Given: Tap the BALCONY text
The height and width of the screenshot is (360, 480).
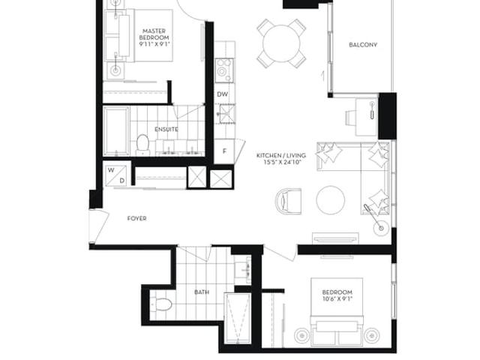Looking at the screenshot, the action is point(363,45).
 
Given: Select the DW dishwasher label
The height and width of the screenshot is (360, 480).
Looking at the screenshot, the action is point(223,94).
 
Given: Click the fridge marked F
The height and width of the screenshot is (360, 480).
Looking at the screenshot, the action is point(224,151).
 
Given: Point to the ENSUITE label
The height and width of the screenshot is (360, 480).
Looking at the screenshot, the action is point(166,130).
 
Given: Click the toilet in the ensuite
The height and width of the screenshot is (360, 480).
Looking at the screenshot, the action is point(142,145).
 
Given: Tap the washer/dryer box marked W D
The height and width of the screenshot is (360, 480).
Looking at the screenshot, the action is point(116,175).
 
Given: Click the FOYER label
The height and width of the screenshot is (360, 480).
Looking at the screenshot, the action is point(136,218).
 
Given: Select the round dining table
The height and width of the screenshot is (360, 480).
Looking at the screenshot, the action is point(281,43).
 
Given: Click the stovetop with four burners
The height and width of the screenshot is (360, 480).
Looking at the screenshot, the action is point(224,70).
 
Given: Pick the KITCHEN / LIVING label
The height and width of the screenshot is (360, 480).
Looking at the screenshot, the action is point(281,155).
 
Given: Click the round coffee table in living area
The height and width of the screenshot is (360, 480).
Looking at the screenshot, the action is point(331,200).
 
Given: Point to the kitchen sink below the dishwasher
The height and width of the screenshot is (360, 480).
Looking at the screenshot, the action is point(227,114).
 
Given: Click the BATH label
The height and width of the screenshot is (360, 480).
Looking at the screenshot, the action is point(202,292).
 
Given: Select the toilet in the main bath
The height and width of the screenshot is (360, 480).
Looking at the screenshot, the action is point(161,304).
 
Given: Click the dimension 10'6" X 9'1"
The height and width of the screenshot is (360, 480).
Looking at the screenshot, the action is point(337,298).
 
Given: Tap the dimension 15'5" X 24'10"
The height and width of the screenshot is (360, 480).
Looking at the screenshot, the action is point(280,162).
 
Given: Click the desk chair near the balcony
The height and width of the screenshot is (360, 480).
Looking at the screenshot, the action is point(350,118).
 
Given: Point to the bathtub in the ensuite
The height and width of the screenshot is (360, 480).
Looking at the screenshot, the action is point(116,131).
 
